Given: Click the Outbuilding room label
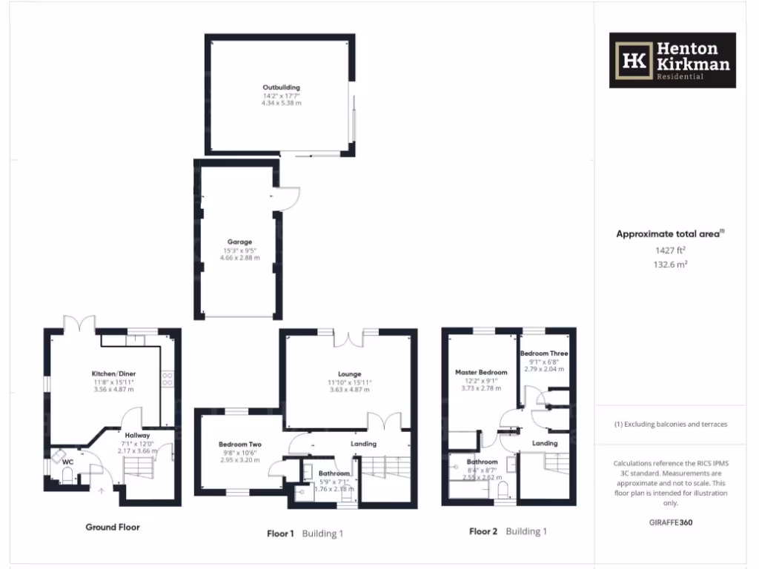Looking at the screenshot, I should point(281,87).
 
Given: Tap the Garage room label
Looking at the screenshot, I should point(239,242).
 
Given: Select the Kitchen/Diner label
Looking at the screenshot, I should point(113,373).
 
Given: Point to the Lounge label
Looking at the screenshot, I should point(350,374).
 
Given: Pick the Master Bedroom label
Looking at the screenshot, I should point(481,372).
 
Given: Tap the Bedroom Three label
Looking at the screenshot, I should point(544,353).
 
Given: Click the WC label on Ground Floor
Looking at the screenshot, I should point(67,462).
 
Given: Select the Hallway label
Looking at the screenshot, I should point(137,435).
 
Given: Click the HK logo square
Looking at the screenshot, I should point(633,60).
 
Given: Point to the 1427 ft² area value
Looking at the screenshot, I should point(669,250).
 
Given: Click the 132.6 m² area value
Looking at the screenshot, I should point(669,264).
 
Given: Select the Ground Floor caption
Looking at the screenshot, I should point(112,528).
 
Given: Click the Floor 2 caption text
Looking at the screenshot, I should point(483,532).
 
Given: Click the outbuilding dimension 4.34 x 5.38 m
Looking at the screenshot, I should point(281,103).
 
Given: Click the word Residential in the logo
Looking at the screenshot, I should point(680,77).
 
